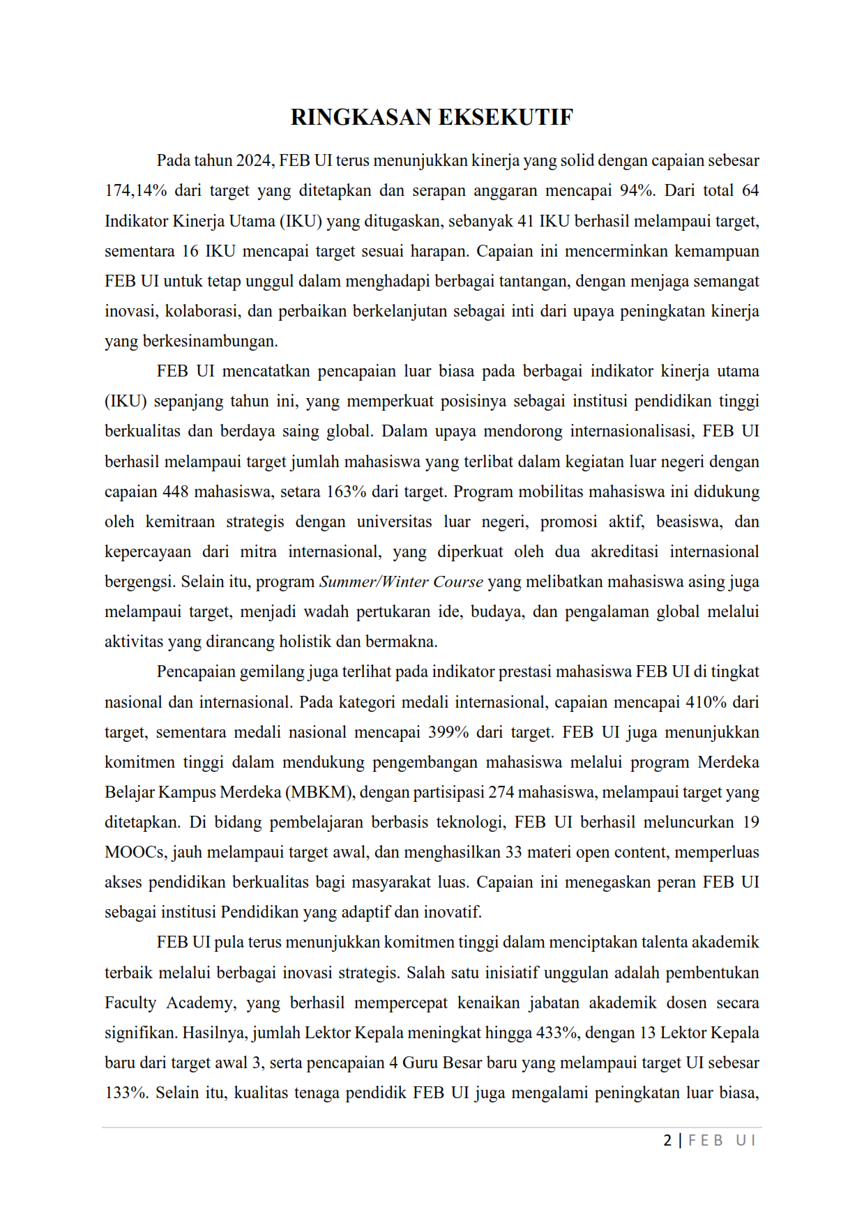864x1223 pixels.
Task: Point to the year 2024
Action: [x=255, y=160]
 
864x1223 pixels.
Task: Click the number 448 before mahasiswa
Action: [x=175, y=492]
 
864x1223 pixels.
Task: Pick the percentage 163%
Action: [x=346, y=492]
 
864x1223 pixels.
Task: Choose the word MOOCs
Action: [x=135, y=852]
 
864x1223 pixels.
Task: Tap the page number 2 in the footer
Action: [x=667, y=1141]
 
